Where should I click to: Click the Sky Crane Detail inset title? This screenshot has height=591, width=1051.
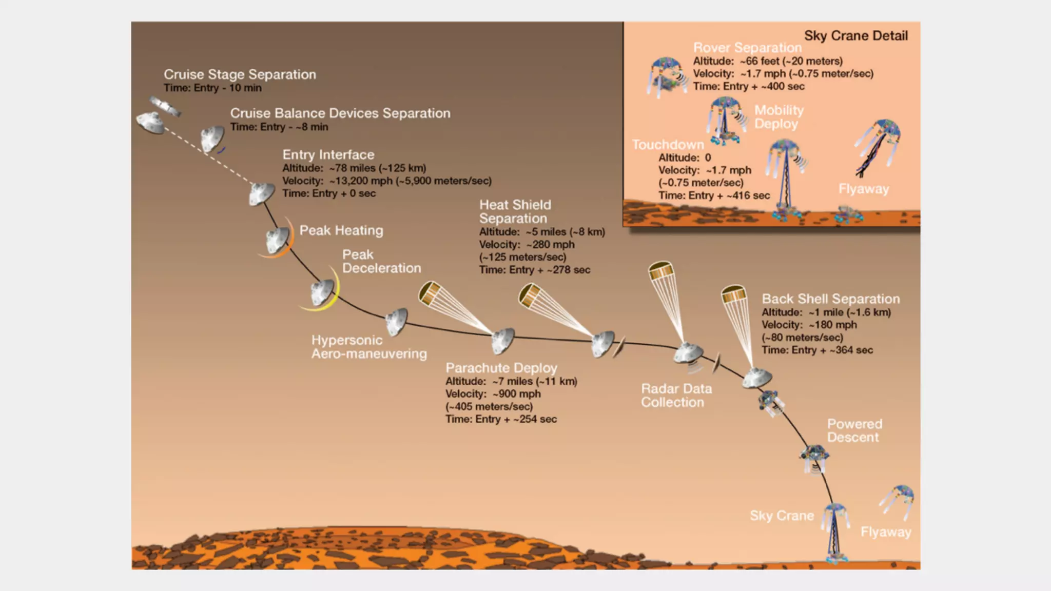coord(855,36)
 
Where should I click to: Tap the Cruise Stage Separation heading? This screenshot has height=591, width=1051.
coord(240,74)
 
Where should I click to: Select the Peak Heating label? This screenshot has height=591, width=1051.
coord(341,230)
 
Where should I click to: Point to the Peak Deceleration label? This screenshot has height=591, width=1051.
coord(381,261)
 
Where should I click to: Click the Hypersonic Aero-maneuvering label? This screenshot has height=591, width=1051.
coord(368,347)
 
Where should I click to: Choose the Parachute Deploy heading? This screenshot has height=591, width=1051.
coord(501,368)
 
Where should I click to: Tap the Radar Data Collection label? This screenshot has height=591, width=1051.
coord(676,396)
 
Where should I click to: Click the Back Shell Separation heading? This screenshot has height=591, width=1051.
coord(830,299)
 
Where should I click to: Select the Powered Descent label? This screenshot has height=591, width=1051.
coord(854,430)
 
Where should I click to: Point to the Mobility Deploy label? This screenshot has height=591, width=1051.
coord(778,117)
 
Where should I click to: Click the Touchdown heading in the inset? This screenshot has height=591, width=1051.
coord(668,145)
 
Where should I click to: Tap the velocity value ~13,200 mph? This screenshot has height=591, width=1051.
coord(361,181)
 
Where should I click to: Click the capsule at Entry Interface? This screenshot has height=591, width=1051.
coord(261,193)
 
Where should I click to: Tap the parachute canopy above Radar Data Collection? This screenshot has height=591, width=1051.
coord(661,270)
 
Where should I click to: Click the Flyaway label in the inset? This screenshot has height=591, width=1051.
coord(863,189)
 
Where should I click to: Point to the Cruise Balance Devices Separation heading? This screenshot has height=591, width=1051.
coord(340,113)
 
